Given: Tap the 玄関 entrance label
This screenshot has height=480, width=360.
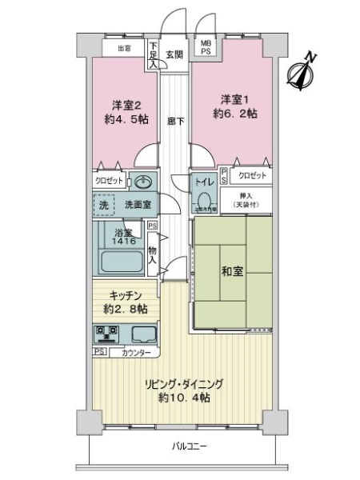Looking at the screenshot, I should [174, 54].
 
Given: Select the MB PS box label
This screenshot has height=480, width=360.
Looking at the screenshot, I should [206, 47].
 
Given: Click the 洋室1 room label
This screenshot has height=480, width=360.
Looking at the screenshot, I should [235, 100].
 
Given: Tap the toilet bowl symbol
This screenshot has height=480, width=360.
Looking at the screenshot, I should [204, 200].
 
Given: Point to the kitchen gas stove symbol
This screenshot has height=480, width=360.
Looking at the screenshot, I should [107, 333].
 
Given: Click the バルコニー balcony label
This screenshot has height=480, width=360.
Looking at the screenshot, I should [190, 446].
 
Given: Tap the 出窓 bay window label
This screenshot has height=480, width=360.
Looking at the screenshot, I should [123, 47].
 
